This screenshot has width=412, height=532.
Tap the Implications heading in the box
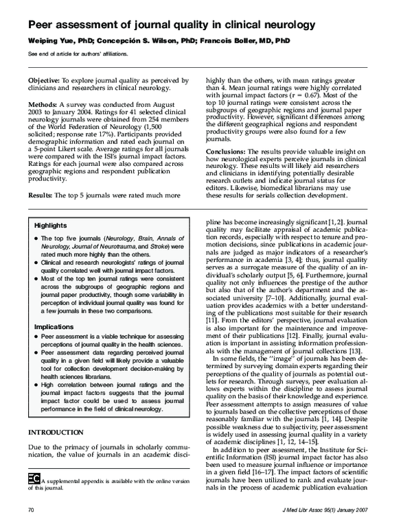pos(55,327)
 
